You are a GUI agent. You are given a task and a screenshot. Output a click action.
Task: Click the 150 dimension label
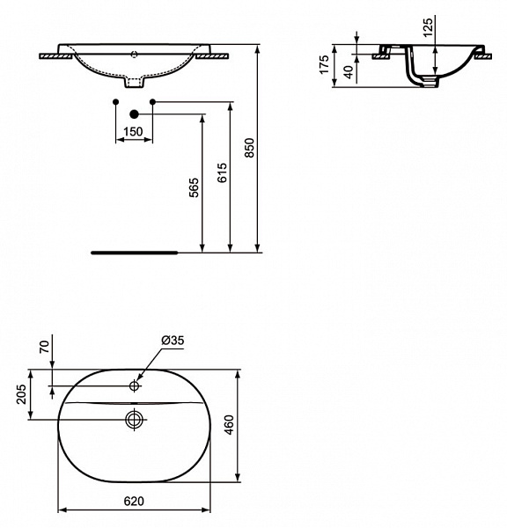pyautogui.click(x=132, y=131)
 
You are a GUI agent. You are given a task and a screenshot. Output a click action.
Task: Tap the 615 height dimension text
pyautogui.click(x=222, y=172)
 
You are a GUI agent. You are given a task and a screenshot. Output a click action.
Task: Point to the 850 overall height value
pyautogui.click(x=249, y=147)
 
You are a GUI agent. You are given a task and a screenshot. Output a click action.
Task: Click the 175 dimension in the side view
pyautogui.click(x=324, y=65)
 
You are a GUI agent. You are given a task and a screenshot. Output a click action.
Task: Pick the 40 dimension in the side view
pyautogui.click(x=349, y=72)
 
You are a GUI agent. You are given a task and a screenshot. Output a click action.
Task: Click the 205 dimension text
pyautogui.click(x=22, y=395)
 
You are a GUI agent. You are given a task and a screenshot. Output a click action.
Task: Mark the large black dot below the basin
pyautogui.click(x=134, y=114)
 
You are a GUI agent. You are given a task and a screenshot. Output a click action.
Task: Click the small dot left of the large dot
pyautogui.click(x=115, y=103)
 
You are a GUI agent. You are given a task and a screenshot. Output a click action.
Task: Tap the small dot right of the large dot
pyautogui.click(x=152, y=103)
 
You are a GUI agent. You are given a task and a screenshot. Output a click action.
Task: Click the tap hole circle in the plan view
pyautogui.click(x=135, y=385)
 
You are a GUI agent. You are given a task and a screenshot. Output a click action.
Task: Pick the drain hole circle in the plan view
pyautogui.click(x=134, y=419)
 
